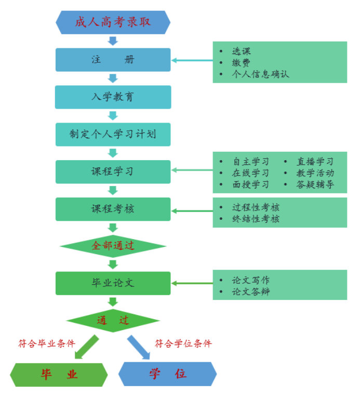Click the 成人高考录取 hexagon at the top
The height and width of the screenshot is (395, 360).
coord(113,22)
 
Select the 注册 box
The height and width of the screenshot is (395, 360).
coord(113,60)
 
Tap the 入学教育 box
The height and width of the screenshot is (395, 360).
coord(113,97)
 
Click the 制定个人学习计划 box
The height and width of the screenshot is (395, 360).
coord(113,134)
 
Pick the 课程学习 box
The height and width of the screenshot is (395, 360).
coord(113,172)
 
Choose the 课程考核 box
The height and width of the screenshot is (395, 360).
coord(113,209)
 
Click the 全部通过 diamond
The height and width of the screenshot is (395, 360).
coord(113,246)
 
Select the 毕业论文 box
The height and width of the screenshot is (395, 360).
coord(113,283)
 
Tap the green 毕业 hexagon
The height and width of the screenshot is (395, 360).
coord(59,375)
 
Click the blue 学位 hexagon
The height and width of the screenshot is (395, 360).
coord(168,374)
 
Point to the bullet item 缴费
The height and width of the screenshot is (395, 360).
coord(241,63)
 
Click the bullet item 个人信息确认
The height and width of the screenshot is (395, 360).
coord(260,74)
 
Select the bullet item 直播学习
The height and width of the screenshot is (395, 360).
coord(315,162)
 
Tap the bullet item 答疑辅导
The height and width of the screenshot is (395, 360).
coord(315,185)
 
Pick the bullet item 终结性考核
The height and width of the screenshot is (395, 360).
coord(256,219)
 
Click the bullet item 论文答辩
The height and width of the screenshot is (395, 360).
coord(251,292)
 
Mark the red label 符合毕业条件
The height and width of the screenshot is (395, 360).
coord(47,344)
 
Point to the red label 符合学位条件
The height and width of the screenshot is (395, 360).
coord(183,344)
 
